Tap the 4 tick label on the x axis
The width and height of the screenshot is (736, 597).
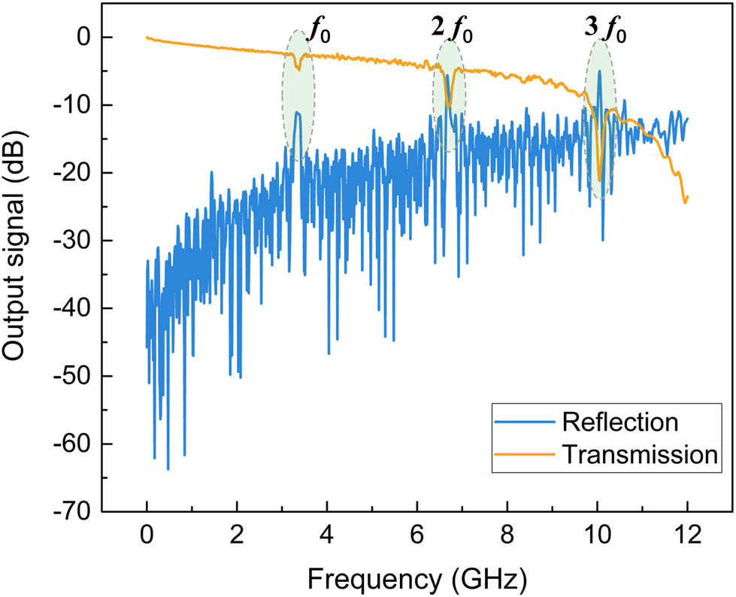click(x=327, y=539)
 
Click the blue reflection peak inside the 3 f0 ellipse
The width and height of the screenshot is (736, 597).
click(x=599, y=71)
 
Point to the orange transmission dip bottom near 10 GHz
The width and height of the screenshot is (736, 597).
click(x=600, y=179)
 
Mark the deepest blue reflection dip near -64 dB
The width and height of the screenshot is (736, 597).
click(x=168, y=469)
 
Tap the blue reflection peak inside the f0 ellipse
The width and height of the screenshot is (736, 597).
click(x=298, y=113)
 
